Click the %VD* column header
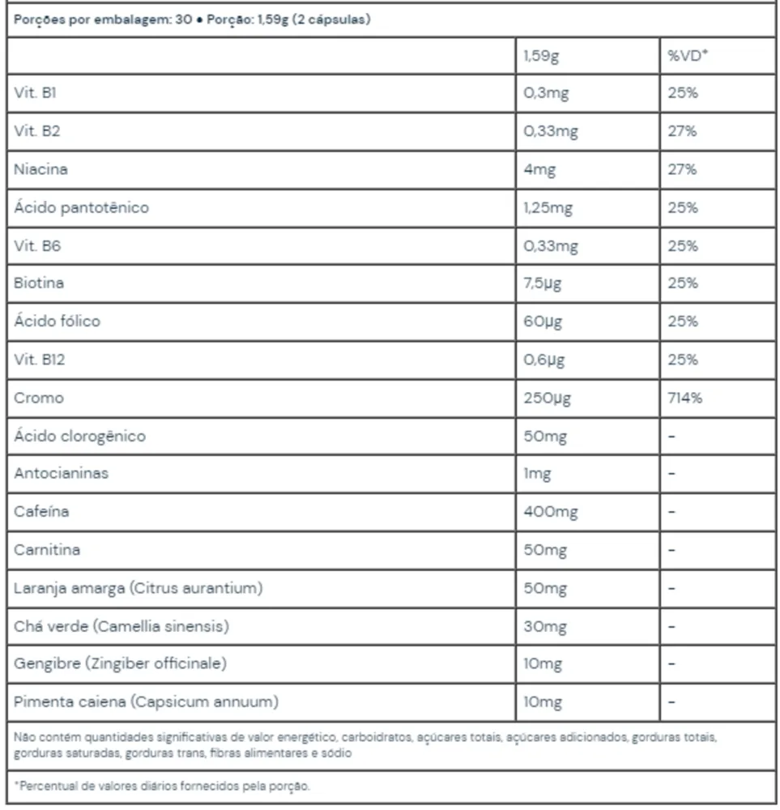pyautogui.click(x=688, y=56)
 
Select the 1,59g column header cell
pyautogui.click(x=541, y=56)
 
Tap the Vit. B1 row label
pyautogui.click(x=35, y=93)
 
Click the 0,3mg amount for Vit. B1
pyautogui.click(x=547, y=93)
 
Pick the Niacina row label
pyautogui.click(x=40, y=169)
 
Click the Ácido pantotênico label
pyautogui.click(x=81, y=207)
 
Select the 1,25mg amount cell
pyautogui.click(x=548, y=207)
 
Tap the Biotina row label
pyautogui.click(x=39, y=283)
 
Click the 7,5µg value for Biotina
pyautogui.click(x=543, y=283)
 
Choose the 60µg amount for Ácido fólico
pyautogui.click(x=543, y=322)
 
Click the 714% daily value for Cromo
pyautogui.click(x=685, y=398)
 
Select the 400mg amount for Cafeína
pyautogui.click(x=551, y=512)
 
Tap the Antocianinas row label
pyautogui.click(x=61, y=473)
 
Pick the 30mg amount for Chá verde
pyautogui.click(x=545, y=626)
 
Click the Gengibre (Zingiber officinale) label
pyautogui.click(x=120, y=663)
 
